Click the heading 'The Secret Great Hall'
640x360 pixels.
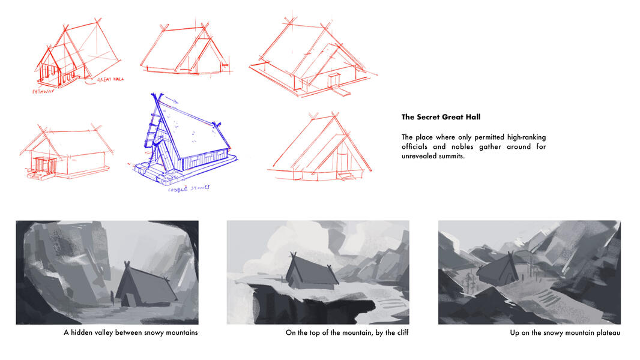(441, 117)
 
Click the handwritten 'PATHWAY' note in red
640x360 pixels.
(41, 92)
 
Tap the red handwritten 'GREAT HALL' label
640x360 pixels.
(110, 79)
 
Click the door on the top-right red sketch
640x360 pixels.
(334, 80)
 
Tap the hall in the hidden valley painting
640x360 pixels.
(144, 286)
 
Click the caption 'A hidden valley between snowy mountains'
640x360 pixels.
(130, 332)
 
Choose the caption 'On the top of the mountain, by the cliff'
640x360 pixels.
(346, 332)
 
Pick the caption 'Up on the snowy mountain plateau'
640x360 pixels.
(564, 332)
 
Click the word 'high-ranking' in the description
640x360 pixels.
(524, 137)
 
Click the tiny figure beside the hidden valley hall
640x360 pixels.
(112, 295)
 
